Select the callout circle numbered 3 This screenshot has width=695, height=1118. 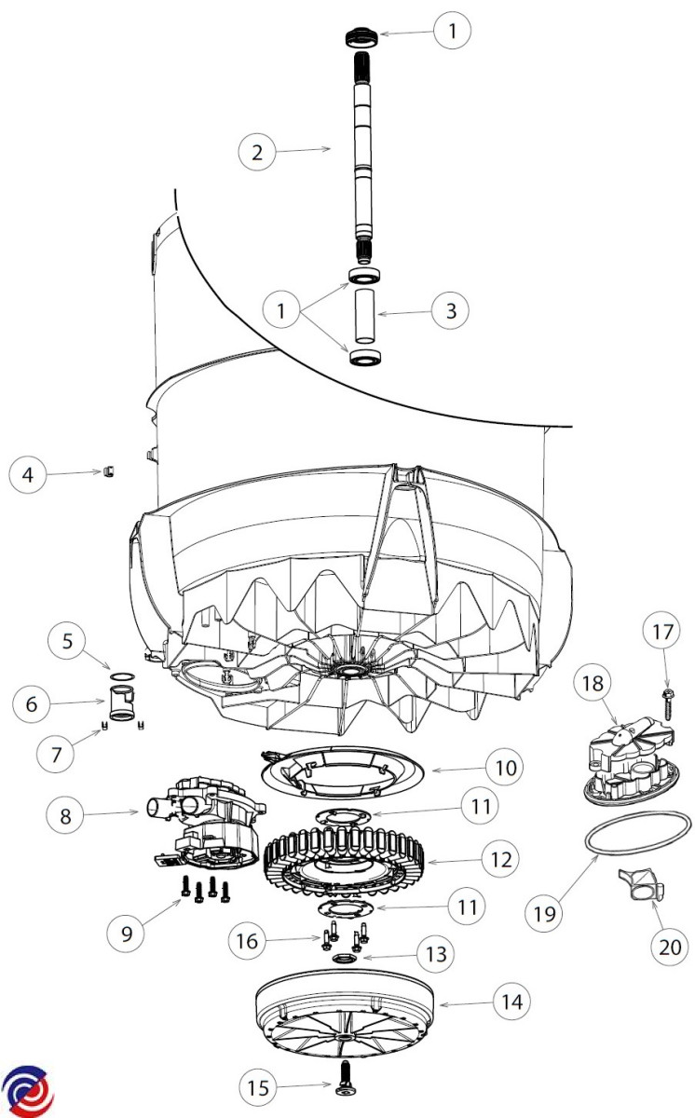point(451,310)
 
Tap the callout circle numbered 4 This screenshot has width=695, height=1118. point(28,474)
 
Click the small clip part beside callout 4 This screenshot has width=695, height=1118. point(107,471)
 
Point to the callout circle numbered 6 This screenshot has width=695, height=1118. point(33,704)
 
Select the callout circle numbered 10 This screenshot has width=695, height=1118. point(503,769)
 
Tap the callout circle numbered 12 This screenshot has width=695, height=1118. point(501,859)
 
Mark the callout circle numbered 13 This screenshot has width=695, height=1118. point(435,954)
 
